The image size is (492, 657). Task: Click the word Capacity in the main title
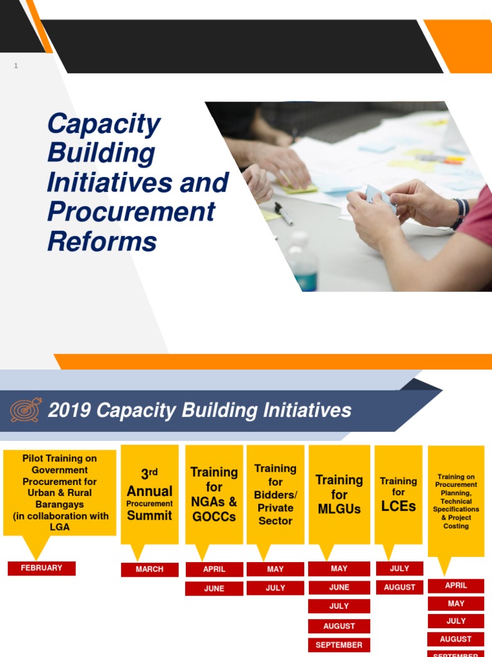[x=104, y=124]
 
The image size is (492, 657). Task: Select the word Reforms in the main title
[x=102, y=242]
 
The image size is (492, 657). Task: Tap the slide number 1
[x=16, y=66]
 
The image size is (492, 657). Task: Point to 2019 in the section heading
[x=69, y=411]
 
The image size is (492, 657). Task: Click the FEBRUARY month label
[x=42, y=568]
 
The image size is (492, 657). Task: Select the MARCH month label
[x=149, y=569]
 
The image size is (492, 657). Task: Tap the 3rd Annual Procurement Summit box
[x=149, y=495]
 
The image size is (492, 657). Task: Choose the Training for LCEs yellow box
[x=398, y=495]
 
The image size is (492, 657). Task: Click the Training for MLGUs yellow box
[x=339, y=495]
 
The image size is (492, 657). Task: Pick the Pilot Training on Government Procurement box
[x=60, y=493]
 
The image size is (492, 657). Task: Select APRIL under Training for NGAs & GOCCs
[x=214, y=569]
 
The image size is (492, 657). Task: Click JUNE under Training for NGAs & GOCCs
[x=214, y=588]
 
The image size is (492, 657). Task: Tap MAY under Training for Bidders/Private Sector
[x=275, y=568]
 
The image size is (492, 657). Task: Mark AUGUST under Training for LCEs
[x=400, y=587]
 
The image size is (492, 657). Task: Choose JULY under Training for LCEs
[x=400, y=568]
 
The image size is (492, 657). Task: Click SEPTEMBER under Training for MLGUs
[x=339, y=645]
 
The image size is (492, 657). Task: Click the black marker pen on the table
[x=284, y=213]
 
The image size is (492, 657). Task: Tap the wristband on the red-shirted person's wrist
[x=460, y=214]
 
